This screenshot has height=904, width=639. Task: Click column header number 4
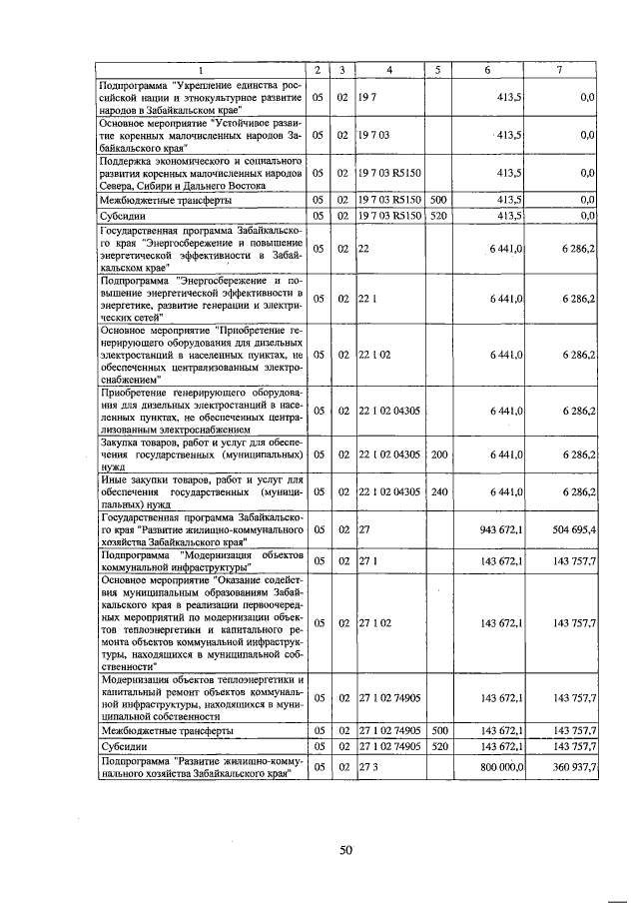point(389,70)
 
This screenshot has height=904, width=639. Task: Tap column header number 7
point(559,70)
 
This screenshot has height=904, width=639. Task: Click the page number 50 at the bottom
point(345,849)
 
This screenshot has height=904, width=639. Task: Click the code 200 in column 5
point(437,454)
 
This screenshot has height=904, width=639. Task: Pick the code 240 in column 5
point(437,491)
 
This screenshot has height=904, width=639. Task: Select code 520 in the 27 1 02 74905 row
point(437,745)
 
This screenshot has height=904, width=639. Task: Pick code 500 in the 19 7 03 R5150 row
point(437,200)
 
